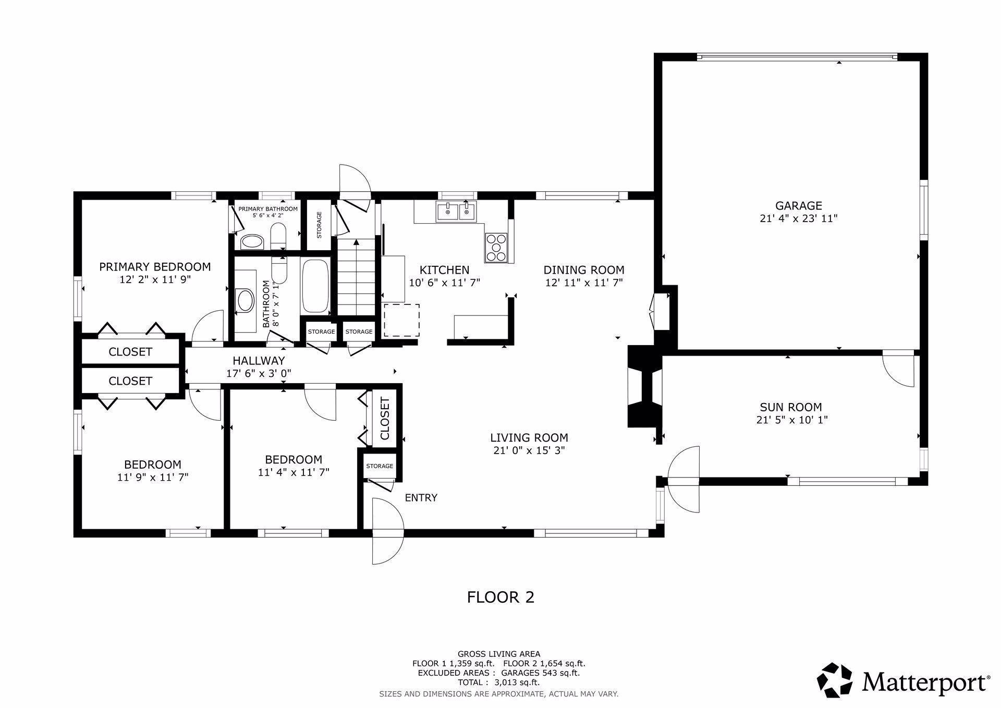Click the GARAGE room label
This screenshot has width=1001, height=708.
798,205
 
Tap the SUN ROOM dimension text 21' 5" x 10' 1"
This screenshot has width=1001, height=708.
791,420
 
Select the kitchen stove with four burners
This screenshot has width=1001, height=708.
495,247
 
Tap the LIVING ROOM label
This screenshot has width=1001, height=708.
529,437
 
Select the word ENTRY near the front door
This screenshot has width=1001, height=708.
421,497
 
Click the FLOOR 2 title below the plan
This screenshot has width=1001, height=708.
500,597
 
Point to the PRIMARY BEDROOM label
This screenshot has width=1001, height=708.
155,267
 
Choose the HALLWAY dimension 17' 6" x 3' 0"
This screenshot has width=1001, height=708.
259,373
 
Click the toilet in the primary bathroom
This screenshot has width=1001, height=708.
278,237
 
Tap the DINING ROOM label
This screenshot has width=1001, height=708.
583,270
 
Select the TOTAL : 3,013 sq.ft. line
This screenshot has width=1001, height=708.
498,682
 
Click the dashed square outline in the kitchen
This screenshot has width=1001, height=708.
401,320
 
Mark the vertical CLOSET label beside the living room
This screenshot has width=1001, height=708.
385,419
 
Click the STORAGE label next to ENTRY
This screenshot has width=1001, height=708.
379,466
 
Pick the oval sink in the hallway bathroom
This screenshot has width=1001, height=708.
245,301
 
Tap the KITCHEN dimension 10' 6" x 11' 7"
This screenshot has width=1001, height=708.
444,283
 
